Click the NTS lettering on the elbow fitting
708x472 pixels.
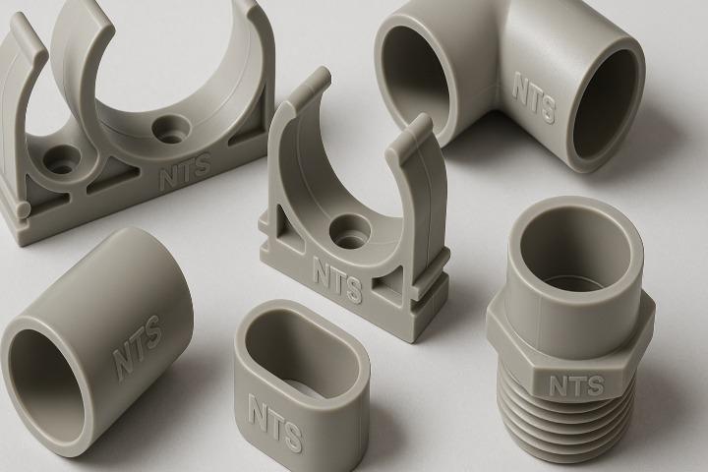pyautogui.click(x=534, y=98)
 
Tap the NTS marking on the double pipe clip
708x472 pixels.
pyautogui.click(x=186, y=171)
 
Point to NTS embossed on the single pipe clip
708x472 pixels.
pyautogui.click(x=337, y=279)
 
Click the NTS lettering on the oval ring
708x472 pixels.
pyautogui.click(x=274, y=423)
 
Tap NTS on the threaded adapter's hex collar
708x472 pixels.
pyautogui.click(x=576, y=385)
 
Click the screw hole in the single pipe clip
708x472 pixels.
pyautogui.click(x=349, y=232)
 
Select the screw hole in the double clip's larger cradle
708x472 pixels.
pyautogui.click(x=171, y=128)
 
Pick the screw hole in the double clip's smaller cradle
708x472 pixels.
pyautogui.click(x=62, y=159)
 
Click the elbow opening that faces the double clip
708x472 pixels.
pyautogui.click(x=415, y=77)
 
